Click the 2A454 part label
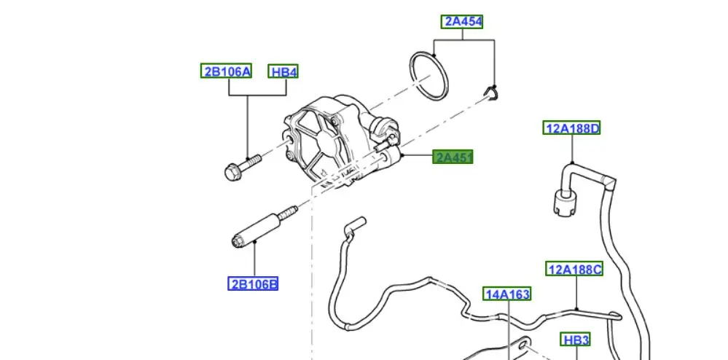click(462, 22)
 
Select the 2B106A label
click(226, 71)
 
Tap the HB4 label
click(283, 71)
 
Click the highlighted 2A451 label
click(453, 157)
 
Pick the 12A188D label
click(572, 129)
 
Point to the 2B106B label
click(253, 283)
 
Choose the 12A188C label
click(575, 270)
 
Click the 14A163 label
click(507, 294)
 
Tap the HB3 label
click(575, 340)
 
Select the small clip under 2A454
click(493, 92)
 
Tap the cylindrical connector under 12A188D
click(563, 200)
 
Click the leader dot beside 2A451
click(402, 155)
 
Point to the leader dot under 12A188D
click(573, 163)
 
